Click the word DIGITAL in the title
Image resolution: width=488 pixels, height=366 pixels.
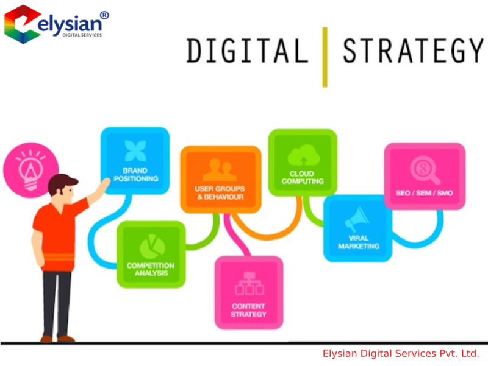click(x=248, y=51)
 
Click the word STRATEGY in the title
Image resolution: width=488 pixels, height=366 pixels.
click(x=413, y=51)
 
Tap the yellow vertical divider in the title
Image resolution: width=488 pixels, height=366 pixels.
click(x=325, y=57)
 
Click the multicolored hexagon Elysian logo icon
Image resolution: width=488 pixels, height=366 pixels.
click(x=23, y=24)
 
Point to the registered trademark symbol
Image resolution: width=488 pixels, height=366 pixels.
click(x=104, y=15)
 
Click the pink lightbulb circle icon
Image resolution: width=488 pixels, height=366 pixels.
click(x=31, y=170)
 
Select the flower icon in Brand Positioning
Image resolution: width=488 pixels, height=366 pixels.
click(x=135, y=151)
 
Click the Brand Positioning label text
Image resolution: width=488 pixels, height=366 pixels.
click(x=135, y=175)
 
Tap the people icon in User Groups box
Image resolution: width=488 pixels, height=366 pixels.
click(x=220, y=170)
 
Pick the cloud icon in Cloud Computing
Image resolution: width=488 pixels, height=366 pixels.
click(x=303, y=155)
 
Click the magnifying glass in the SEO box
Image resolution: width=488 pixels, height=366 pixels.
click(x=425, y=170)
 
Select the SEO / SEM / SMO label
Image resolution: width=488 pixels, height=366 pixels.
click(x=424, y=193)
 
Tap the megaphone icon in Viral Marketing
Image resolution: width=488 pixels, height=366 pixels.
click(x=357, y=219)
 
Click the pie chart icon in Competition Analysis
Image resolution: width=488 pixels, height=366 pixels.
click(x=152, y=247)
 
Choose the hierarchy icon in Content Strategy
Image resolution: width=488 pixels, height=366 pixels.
click(x=249, y=283)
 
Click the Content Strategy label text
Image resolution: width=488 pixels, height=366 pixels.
click(x=248, y=311)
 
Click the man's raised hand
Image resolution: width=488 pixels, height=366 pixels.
click(x=102, y=185)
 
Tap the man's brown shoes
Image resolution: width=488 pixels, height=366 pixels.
click(x=57, y=339)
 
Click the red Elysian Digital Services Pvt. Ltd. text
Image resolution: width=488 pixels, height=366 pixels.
click(x=401, y=354)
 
